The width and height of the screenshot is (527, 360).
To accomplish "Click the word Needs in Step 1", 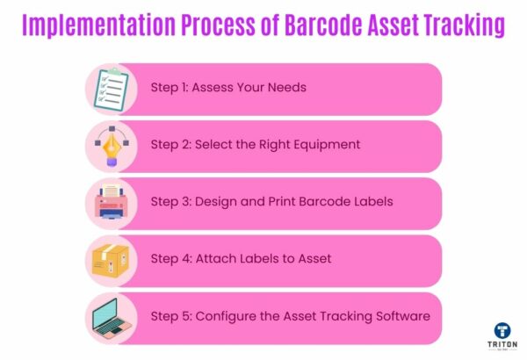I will pyautogui.click(x=287, y=89).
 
